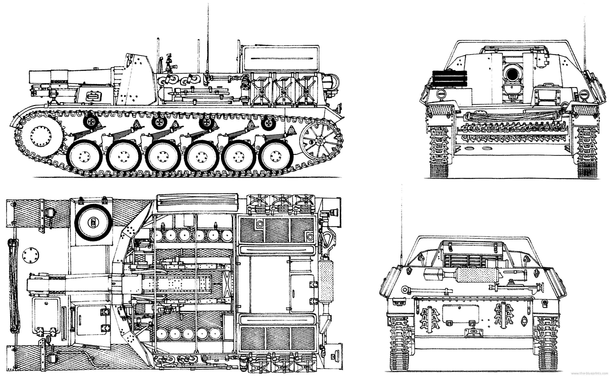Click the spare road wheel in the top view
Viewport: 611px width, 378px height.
(93, 222)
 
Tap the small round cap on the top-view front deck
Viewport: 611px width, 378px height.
(31, 255)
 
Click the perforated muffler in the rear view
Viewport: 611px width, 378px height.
(477, 275)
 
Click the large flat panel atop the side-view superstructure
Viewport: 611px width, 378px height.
(280, 58)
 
